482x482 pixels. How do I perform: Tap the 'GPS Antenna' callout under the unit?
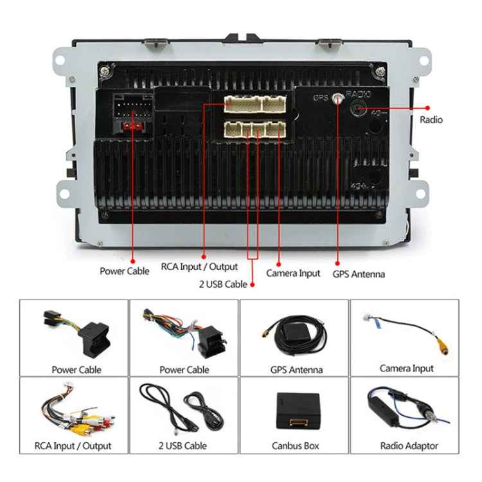359,274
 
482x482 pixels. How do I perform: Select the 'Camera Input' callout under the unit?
293,273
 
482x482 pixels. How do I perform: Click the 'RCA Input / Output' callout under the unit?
199,266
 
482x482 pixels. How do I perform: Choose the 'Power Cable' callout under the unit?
124,271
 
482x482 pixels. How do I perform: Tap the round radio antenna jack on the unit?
359,109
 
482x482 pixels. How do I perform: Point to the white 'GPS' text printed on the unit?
321,98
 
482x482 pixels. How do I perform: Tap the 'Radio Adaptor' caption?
409,445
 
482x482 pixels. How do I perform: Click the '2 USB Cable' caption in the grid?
184,445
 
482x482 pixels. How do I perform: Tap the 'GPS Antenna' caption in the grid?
296,370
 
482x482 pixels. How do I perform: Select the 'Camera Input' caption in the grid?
406,368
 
